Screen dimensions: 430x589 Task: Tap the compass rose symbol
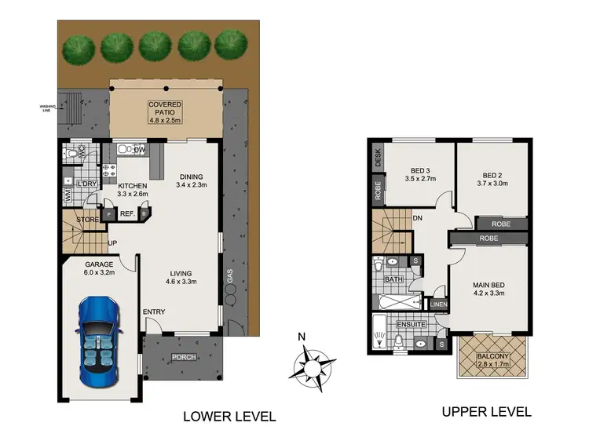coord(309,364)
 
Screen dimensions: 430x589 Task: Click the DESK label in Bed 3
coord(378,158)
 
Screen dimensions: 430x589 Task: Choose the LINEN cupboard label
coord(437,304)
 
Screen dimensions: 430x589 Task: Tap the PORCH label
coord(184,358)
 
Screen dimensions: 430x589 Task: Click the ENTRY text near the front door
coord(154,312)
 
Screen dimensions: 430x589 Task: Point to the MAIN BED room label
coord(488,286)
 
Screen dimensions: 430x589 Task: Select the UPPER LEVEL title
coord(486,410)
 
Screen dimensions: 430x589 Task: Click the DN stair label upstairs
coord(419,219)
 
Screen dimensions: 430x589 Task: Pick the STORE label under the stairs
coord(88,220)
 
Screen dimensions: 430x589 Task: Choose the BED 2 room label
coord(492,174)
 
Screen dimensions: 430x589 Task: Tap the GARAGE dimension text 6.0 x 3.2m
coord(100,275)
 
